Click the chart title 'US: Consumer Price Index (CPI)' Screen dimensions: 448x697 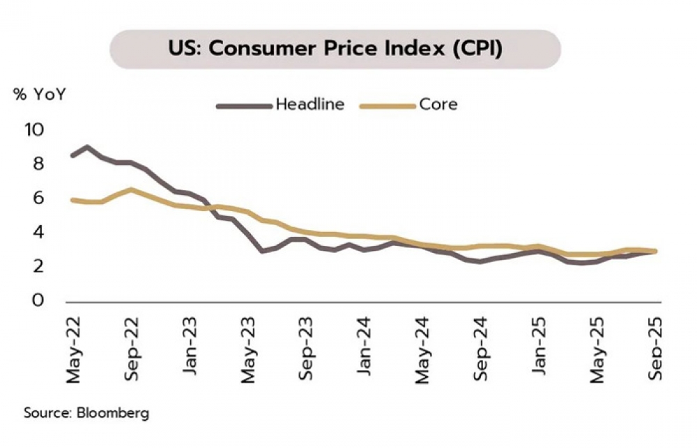tap(335, 50)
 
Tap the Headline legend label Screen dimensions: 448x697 tap(310, 105)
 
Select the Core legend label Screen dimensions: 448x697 tap(438, 105)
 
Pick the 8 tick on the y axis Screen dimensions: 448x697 tap(38, 164)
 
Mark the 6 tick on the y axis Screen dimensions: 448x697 tap(38, 199)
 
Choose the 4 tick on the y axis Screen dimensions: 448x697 tap(38, 232)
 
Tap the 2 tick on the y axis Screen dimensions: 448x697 tap(38, 266)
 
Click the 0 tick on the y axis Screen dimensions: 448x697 tap(38, 300)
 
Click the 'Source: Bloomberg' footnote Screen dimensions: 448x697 tap(86, 412)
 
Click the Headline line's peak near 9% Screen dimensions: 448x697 tap(86, 147)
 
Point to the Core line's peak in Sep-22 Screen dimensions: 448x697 tap(130, 190)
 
